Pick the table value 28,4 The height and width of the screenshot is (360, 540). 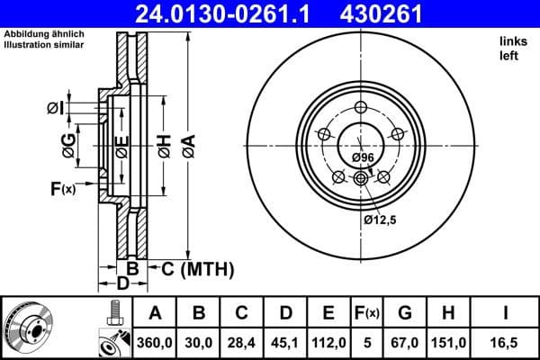pos(241,343)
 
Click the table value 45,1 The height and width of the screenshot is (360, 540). pos(285,343)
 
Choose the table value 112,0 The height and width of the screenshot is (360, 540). pos(328,343)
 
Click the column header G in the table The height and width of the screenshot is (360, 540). pos(407,313)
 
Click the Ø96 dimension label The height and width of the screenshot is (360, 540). pos(363,157)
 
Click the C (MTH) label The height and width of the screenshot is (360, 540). pos(196,268)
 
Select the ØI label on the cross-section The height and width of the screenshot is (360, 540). pos(55,108)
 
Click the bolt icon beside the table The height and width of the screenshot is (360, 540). pos(112,312)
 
